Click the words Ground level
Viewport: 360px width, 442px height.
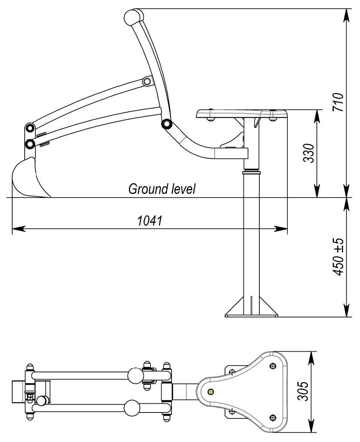pos(162,189)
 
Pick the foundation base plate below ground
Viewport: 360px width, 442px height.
pos(251,314)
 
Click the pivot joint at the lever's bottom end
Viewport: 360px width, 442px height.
pos(167,123)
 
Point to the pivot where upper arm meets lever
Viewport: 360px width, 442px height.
pos(147,81)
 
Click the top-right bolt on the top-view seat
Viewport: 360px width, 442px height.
pos(273,365)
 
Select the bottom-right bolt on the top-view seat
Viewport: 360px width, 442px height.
pos(273,417)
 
